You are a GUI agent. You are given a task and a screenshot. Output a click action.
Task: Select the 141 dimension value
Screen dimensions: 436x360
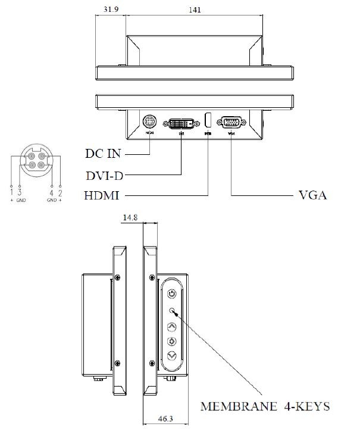[x=195, y=10]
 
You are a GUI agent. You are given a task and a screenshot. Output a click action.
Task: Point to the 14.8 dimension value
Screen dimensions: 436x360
[x=130, y=218]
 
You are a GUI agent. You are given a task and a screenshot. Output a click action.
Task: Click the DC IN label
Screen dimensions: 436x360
[x=102, y=154]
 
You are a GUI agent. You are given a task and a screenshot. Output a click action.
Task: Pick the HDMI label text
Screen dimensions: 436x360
[x=103, y=195]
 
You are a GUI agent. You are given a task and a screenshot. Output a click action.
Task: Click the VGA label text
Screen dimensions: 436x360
[x=312, y=195]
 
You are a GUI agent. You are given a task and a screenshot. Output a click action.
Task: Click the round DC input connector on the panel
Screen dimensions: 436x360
[x=150, y=122]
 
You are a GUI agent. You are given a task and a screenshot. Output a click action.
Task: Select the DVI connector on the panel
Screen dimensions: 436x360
[x=181, y=124]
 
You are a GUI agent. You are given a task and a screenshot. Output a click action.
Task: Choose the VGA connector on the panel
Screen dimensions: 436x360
[x=231, y=123]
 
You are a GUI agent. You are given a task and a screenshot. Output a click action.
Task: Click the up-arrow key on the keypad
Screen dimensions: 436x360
[x=172, y=326]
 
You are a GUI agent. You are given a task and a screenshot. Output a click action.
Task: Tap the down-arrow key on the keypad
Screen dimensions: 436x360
[x=172, y=356]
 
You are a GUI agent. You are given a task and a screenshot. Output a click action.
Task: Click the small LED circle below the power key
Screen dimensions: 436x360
[x=172, y=311]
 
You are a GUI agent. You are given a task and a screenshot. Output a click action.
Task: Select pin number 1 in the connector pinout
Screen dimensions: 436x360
[x=11, y=192]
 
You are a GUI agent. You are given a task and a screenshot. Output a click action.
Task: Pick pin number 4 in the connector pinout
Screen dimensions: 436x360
[x=52, y=192]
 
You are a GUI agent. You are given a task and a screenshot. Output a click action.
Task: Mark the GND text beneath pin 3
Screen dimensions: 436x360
[x=21, y=201]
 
